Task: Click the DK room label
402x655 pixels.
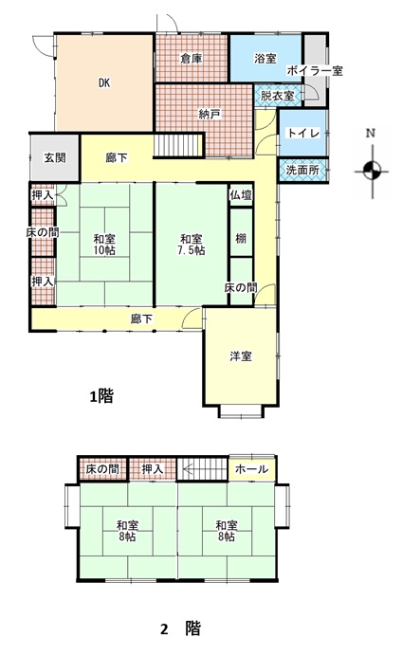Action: (104, 82)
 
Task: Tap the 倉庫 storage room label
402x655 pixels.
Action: (192, 59)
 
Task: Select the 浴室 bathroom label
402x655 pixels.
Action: (265, 58)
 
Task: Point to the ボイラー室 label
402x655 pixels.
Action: (315, 70)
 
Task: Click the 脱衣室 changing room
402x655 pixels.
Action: (278, 96)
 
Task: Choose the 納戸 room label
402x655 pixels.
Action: (210, 114)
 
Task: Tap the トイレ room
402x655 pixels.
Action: (303, 133)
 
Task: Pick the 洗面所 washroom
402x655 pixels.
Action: (303, 170)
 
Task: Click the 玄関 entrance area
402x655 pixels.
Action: (55, 158)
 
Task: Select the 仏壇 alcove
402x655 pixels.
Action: (241, 194)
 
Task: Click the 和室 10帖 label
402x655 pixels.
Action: (104, 245)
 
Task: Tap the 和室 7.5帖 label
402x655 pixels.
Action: (192, 245)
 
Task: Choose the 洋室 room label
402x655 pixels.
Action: (241, 356)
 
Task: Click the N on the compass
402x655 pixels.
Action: (371, 134)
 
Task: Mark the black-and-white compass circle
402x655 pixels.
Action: (372, 171)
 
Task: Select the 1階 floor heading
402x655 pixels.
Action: (101, 396)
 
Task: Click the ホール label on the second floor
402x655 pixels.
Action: (251, 469)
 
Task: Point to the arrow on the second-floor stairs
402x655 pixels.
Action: (204, 469)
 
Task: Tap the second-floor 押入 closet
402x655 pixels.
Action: (152, 469)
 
